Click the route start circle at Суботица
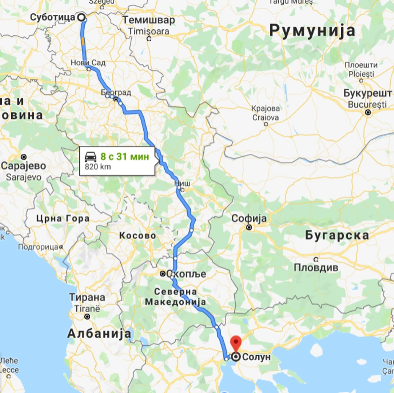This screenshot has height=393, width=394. [81, 17]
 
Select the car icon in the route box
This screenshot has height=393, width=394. [91, 157]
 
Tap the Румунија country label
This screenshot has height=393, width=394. [312, 30]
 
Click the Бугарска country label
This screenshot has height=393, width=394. [337, 235]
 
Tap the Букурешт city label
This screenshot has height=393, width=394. [364, 93]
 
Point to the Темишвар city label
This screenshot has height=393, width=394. [148, 21]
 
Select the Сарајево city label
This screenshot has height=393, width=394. [23, 166]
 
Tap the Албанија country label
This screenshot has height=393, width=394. [99, 334]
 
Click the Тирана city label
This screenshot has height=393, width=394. [87, 297]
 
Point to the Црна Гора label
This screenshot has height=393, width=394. [63, 218]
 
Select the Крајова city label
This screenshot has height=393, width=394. [266, 109]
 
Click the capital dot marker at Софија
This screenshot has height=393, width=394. [249, 228]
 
